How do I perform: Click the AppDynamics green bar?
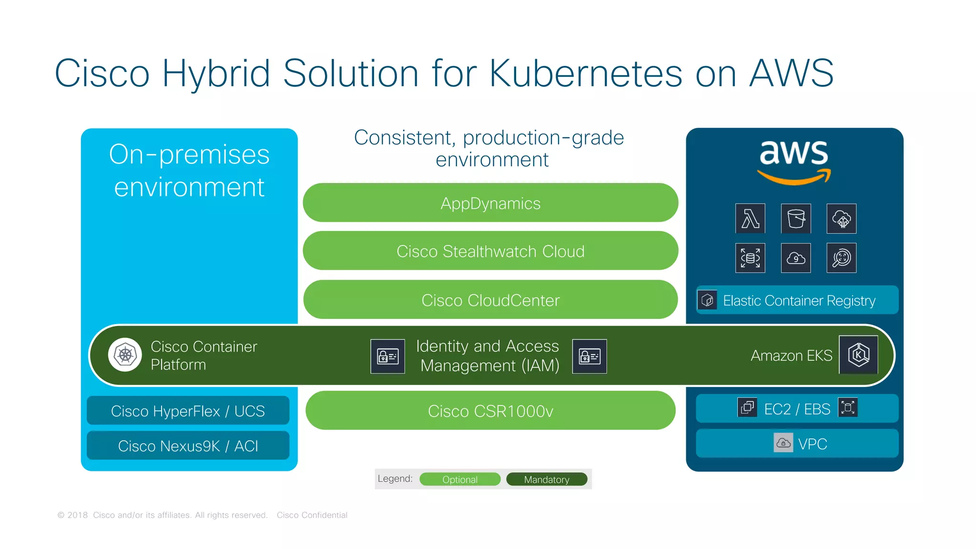coord(490,203)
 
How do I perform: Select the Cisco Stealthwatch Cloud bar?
coord(490,251)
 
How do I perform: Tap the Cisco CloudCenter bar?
coord(490,300)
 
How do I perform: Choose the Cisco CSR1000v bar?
coord(490,411)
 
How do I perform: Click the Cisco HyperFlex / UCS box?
coord(188,411)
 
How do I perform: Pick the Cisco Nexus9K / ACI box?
coord(188,446)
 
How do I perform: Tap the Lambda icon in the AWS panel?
coord(750,219)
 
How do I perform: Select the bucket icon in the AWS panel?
coord(796,219)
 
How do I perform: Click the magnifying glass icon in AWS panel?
coord(842,258)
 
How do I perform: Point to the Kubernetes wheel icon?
coord(125,355)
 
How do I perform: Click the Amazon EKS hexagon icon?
coord(858,355)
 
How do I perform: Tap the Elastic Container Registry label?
coord(799,301)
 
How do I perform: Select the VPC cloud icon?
coord(783,443)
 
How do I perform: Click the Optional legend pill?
coord(460,479)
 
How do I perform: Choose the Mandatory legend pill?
coord(547,479)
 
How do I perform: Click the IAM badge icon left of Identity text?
coord(387,356)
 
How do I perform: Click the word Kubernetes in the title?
coord(586,74)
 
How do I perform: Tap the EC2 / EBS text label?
coord(797,409)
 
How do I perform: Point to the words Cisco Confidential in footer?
coord(312,515)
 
